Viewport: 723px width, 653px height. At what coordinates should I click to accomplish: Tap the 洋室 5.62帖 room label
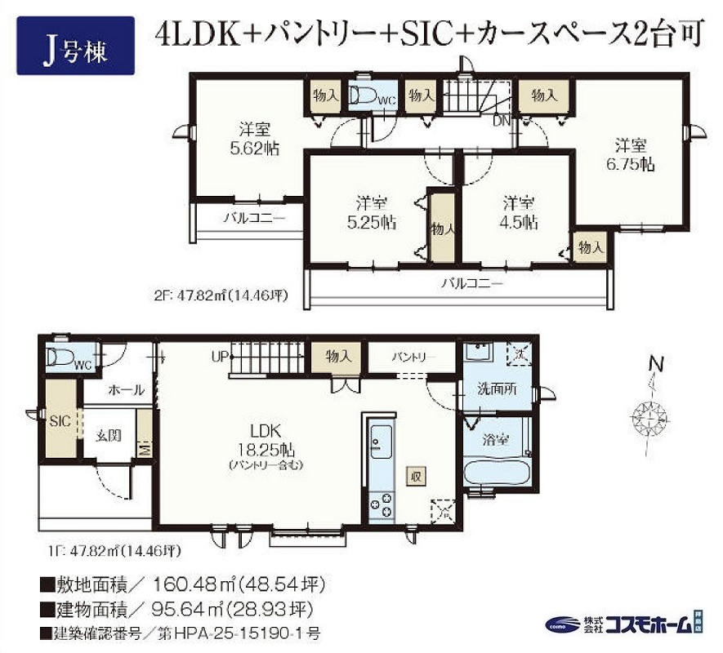pyautogui.click(x=255, y=138)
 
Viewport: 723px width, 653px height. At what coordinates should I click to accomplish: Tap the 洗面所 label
pyautogui.click(x=497, y=389)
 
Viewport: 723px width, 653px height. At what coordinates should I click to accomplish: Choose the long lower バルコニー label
pyautogui.click(x=473, y=284)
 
